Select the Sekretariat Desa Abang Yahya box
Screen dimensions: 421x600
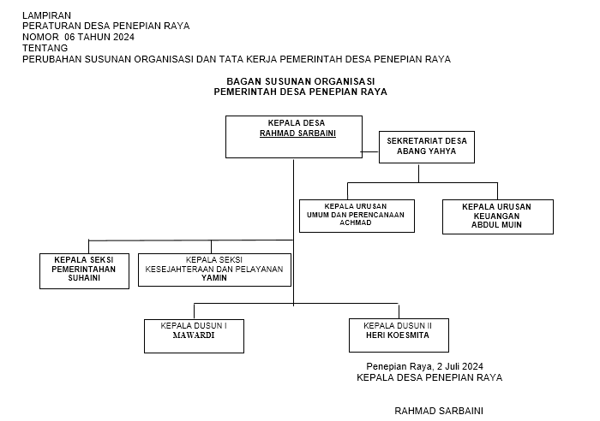pos(427,147)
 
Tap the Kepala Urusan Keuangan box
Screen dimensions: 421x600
pos(497,216)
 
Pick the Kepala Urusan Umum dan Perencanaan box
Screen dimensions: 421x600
pos(357,216)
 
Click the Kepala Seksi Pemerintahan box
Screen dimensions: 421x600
pos(84,270)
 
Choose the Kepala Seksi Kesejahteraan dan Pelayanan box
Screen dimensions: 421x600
pos(214,269)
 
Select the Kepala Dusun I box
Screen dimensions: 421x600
pos(194,335)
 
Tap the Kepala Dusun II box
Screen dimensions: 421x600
pos(399,335)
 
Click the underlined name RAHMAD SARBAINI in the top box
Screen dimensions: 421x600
pos(297,133)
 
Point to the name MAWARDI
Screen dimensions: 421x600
pos(194,336)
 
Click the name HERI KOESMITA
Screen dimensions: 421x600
pos(398,336)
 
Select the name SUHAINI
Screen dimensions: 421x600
pos(84,278)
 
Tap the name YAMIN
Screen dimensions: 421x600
pos(214,278)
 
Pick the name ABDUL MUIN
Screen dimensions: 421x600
pos(496,225)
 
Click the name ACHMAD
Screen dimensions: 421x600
pos(356,222)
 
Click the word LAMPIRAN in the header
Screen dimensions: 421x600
pos(47,15)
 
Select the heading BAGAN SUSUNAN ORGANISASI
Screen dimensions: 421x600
pos(301,80)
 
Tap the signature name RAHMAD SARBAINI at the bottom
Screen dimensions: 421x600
pos(438,411)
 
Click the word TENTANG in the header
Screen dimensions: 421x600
pos(45,48)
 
